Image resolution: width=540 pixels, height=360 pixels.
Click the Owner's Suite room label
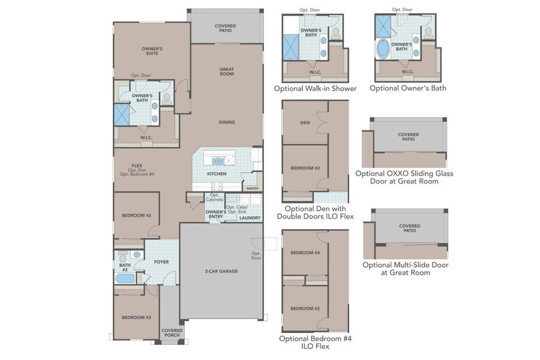coord(152,52)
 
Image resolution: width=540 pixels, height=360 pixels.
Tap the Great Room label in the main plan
coord(226,71)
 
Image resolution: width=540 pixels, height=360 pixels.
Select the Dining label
coord(226,122)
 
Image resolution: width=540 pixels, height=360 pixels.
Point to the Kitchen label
coord(217,174)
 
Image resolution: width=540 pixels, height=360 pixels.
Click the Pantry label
coord(252,188)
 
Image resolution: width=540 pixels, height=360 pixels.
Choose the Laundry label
coord(250,218)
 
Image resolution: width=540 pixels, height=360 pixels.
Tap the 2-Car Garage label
coord(221,271)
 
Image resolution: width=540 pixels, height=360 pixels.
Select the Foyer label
coord(161,262)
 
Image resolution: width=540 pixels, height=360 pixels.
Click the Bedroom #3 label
coord(136,317)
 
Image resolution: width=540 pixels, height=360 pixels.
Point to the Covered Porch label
coord(172,332)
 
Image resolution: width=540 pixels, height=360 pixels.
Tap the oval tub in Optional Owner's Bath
coord(383,49)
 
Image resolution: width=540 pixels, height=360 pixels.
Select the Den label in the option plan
coord(304,124)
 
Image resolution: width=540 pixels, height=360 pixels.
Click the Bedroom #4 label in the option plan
coord(304,253)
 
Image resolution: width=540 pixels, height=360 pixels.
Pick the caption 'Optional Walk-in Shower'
coord(315,89)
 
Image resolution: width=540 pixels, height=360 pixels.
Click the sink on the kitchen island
coord(217,161)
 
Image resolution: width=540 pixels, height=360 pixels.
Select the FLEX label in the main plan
coord(137,165)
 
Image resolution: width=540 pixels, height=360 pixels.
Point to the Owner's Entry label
coord(215,214)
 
